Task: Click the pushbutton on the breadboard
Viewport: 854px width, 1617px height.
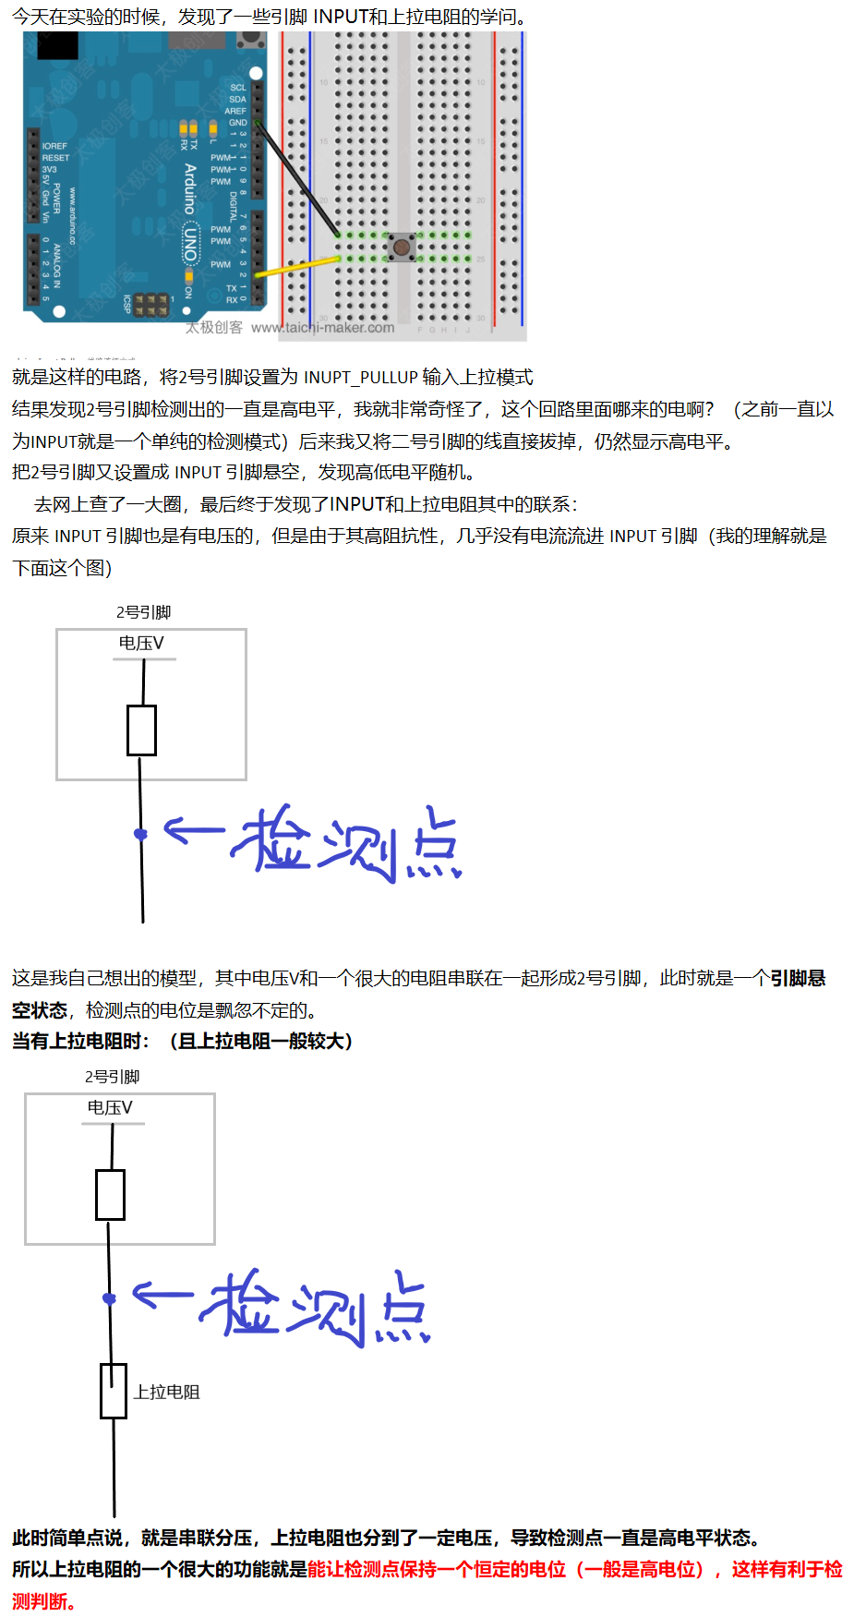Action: pos(402,247)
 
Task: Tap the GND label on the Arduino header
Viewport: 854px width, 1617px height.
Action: pos(237,122)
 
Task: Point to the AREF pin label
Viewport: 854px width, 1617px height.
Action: pos(235,111)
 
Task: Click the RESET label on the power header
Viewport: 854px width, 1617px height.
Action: pos(55,158)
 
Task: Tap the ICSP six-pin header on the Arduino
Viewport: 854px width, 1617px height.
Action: pos(150,305)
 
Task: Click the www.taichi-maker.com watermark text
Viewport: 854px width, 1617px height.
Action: pos(322,328)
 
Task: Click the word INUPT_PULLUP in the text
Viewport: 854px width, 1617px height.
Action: pos(360,378)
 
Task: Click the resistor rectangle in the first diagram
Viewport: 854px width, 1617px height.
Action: pos(142,730)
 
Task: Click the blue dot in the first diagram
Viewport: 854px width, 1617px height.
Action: pos(140,834)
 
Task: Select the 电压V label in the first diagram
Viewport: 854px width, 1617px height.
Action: pos(141,643)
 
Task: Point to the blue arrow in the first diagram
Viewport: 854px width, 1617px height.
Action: pos(193,831)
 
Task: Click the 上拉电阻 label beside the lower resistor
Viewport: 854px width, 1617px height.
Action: pos(166,1392)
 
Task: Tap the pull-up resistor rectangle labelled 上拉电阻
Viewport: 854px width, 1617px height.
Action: pos(114,1391)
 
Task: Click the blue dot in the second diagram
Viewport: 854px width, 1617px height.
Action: pos(109,1298)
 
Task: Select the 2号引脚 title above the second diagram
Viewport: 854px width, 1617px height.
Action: pos(112,1077)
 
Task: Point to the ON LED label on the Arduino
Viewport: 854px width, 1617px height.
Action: pos(187,292)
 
